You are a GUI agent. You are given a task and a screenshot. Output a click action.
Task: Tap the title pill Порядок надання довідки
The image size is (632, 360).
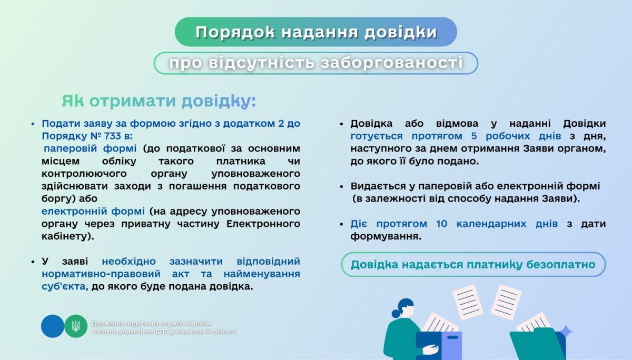click(x=316, y=32)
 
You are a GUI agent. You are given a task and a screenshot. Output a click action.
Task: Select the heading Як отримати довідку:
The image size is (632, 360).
click(x=159, y=101)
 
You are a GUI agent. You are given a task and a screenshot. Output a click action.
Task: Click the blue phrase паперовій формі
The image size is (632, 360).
click(x=90, y=148)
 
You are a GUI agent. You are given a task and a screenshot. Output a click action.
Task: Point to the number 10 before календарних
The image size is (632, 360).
click(x=442, y=224)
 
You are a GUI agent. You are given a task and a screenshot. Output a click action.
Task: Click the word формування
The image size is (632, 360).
click(x=384, y=236)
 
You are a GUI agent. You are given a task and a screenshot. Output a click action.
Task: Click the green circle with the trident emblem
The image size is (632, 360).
click(x=76, y=326)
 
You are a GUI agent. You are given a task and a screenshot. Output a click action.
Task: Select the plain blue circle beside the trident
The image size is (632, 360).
click(x=52, y=326)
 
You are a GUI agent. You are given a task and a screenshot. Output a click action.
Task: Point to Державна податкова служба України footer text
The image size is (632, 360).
click(x=151, y=323)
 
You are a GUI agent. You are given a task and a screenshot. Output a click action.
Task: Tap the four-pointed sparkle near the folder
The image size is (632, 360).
click(x=566, y=332)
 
